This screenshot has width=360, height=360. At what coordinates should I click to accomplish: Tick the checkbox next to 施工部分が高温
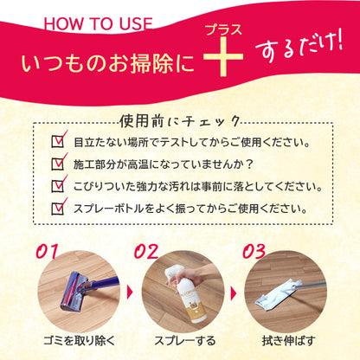click(60, 162)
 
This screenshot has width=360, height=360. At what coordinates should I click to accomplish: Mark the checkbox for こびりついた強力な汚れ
click(60, 184)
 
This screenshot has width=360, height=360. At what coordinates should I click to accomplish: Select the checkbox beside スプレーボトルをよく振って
click(60, 208)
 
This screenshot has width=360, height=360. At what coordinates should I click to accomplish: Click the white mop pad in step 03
click(280, 297)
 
